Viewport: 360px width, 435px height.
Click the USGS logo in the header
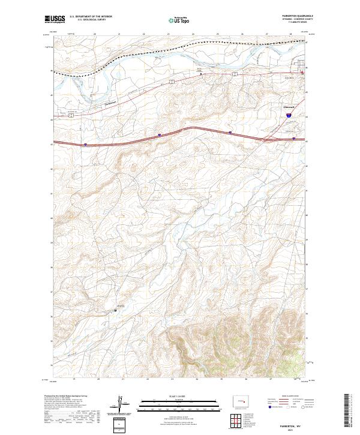coord(56,19)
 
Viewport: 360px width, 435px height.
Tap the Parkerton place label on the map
coord(105,103)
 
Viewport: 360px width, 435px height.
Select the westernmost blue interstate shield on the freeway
coord(85,144)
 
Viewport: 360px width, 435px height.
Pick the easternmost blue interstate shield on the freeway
coord(293,139)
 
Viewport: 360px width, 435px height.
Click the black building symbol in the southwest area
coord(115,310)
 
